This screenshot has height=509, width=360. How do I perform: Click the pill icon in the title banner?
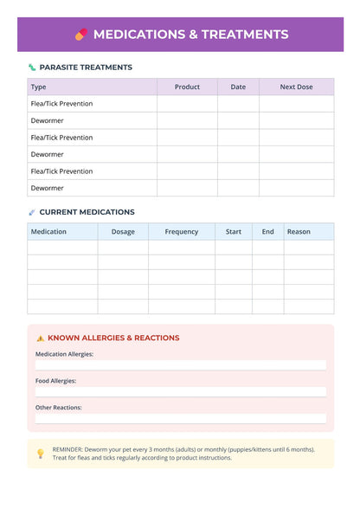tap(81, 35)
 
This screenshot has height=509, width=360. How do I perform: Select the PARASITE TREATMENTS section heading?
tap(86, 67)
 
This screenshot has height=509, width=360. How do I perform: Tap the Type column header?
tap(39, 87)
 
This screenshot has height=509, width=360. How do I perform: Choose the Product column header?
tap(187, 87)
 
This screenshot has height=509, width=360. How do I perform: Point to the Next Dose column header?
tap(297, 87)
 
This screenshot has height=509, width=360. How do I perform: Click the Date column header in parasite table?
tap(238, 87)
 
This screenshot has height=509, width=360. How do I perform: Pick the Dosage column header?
tap(123, 231)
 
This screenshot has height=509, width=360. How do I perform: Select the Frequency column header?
tap(182, 231)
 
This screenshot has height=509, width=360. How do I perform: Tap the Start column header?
tap(234, 231)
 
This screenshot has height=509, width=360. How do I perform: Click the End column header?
tap(268, 231)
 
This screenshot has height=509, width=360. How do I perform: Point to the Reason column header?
tap(299, 231)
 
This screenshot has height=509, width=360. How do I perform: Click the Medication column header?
tap(48, 231)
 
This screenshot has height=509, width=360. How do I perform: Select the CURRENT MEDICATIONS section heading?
tap(87, 211)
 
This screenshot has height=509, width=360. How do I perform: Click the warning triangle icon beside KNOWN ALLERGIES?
tap(41, 338)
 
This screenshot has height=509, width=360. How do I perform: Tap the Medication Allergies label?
tap(65, 354)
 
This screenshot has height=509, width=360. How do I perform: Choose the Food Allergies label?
tap(56, 381)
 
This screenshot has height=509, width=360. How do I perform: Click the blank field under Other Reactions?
tap(180, 418)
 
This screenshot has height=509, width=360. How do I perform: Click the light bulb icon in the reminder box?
tap(41, 453)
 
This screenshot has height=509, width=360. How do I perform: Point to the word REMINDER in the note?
tap(68, 448)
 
